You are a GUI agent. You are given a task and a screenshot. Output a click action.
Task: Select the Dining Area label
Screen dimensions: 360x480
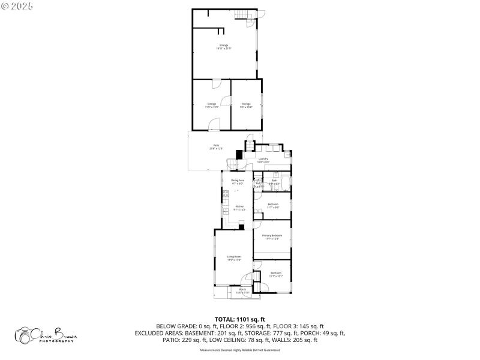(x=238, y=181)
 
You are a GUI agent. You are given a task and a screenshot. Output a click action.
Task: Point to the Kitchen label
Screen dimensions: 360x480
(x=239, y=208)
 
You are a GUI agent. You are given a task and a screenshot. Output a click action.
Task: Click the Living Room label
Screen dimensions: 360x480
(x=233, y=257)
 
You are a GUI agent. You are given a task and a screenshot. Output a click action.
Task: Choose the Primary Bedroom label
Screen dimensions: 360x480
(x=272, y=236)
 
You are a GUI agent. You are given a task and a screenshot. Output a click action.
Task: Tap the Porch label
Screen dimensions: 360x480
(x=243, y=290)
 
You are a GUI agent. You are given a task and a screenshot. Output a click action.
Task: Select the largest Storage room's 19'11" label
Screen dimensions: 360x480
(x=224, y=47)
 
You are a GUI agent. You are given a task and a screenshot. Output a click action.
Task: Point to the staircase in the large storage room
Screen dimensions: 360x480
(x=242, y=14)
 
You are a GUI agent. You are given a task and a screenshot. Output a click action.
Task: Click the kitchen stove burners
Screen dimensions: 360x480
(x=226, y=194)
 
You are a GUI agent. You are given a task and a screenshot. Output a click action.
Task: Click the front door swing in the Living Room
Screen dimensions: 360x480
(x=247, y=278)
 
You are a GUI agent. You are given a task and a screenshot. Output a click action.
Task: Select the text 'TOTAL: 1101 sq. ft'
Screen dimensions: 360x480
(x=240, y=319)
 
